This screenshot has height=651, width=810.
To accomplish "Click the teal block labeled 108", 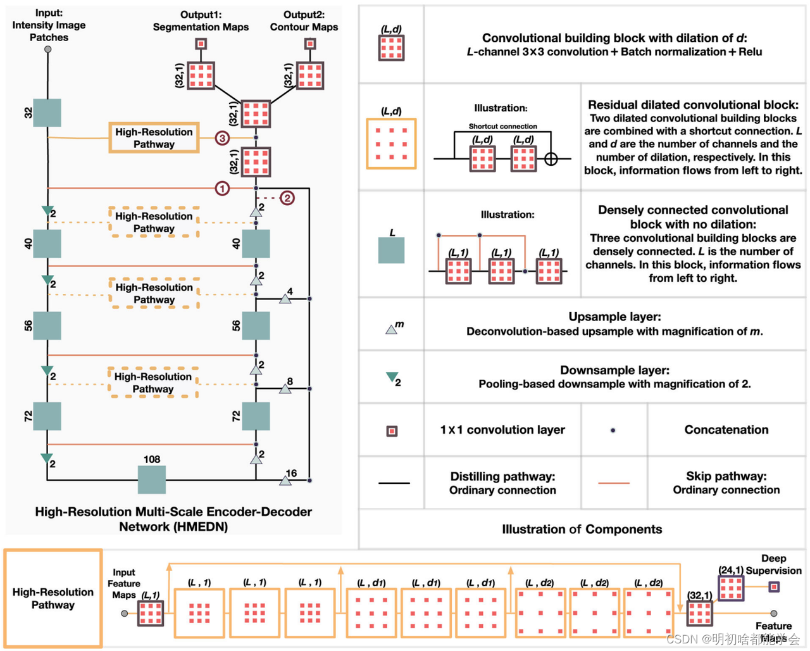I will (152, 479).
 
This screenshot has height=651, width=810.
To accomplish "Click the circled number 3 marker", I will (222, 138).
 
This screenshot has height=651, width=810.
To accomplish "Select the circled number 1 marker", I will (222, 188).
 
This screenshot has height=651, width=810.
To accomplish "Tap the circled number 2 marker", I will (287, 198).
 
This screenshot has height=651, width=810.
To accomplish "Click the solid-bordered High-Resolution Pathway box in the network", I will (154, 138).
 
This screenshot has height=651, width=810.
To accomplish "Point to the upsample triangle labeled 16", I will (285, 481).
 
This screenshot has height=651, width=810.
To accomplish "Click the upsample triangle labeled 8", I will (285, 388).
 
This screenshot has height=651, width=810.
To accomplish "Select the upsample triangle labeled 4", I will (285, 298).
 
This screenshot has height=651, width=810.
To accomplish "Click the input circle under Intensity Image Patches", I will (47, 49).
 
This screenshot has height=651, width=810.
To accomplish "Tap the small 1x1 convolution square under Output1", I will (201, 44).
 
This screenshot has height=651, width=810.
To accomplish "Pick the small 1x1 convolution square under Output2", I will (309, 44).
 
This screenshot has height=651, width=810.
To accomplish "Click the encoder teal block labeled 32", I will (47, 113).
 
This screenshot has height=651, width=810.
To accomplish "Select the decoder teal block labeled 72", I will (256, 416).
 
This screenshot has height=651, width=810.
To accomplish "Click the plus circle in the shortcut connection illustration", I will (551, 159).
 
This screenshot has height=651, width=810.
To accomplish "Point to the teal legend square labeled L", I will (391, 250).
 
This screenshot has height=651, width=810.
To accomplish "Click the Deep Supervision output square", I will (774, 587).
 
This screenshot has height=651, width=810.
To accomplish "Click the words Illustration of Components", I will (582, 529).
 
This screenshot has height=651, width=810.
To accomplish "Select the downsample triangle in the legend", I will (392, 378).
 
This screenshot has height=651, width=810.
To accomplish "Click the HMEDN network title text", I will (173, 519).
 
